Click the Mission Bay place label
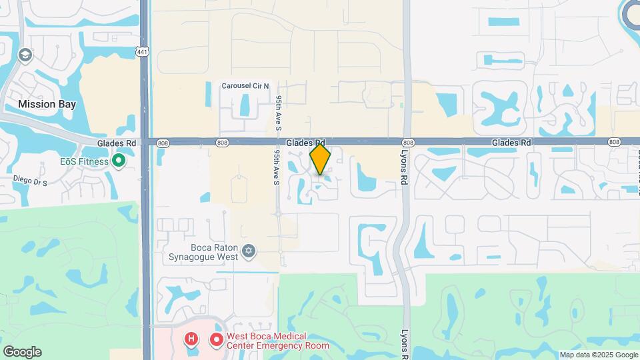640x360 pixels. (47, 104)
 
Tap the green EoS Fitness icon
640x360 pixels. (119, 160)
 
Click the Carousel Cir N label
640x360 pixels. (246, 86)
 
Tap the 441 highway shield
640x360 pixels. (142, 51)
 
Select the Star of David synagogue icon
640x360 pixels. (249, 251)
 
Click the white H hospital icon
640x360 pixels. (192, 340)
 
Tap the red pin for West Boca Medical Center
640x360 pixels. (216, 340)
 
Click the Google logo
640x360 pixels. (22, 352)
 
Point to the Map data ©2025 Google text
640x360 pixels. (598, 355)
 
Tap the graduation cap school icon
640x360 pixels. (25, 55)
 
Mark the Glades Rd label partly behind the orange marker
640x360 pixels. (305, 143)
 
